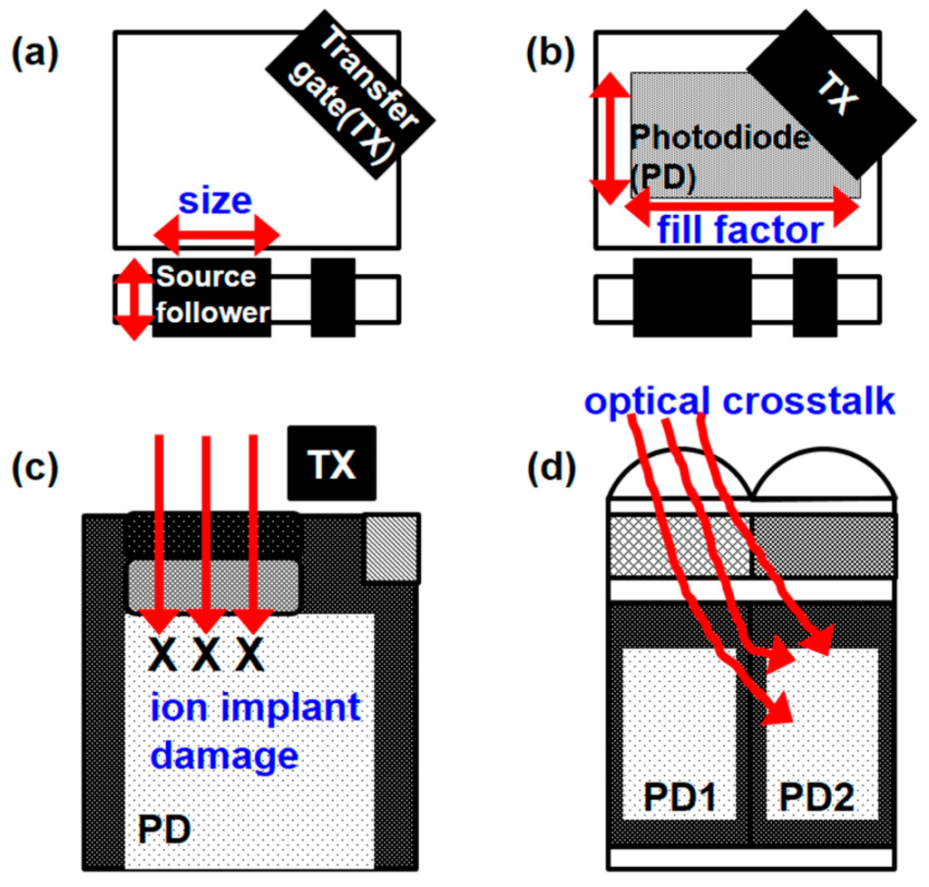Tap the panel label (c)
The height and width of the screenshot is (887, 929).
click(34, 467)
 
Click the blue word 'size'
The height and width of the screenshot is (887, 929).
click(215, 200)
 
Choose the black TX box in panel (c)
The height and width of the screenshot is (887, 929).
click(332, 463)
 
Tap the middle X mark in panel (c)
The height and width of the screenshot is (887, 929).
click(207, 654)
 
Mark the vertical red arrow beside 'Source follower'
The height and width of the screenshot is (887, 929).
click(133, 299)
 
